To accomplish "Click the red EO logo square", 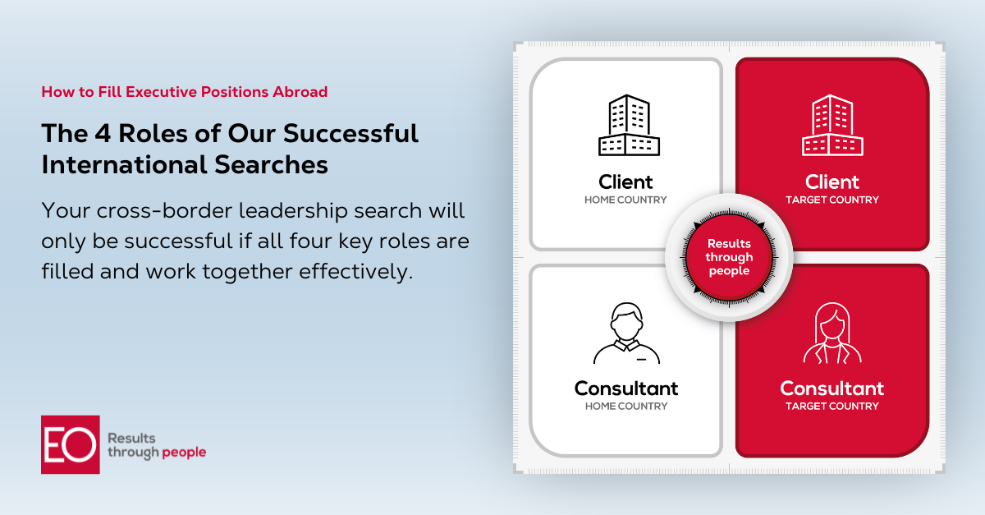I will click(x=71, y=444).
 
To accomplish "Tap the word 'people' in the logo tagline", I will click(x=185, y=453).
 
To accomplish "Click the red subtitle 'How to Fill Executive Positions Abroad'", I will click(x=185, y=92).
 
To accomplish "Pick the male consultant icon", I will click(x=626, y=333).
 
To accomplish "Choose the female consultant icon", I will click(x=832, y=333).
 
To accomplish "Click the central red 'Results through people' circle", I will click(x=729, y=257).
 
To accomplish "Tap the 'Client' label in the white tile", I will click(x=625, y=182).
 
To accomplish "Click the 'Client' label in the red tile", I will click(x=832, y=182).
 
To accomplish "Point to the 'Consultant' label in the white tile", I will click(x=626, y=388).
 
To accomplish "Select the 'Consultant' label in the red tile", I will click(x=832, y=388).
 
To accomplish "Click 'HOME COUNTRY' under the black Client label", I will click(x=625, y=200).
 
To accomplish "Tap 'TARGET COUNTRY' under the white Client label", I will click(x=832, y=200).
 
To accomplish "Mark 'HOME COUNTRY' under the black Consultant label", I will click(x=626, y=406).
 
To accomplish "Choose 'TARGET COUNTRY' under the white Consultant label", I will click(x=832, y=406).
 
